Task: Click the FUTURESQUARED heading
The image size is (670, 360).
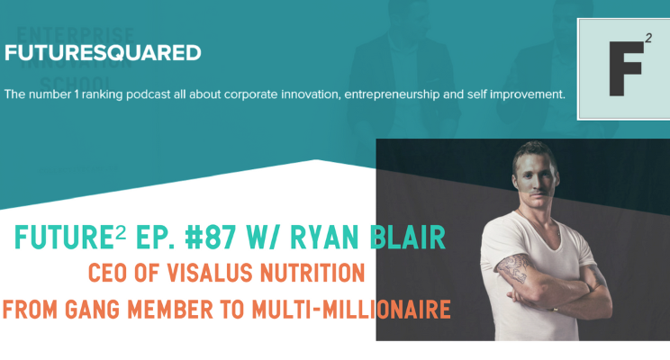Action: [103, 53]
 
